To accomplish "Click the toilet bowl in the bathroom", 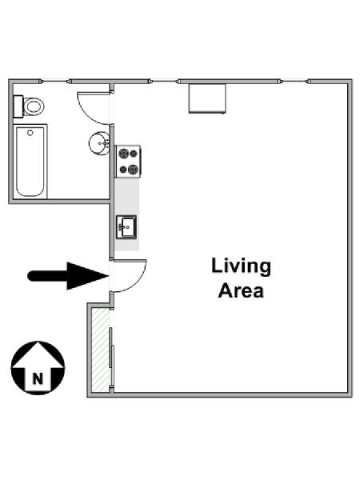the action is tap(34, 106).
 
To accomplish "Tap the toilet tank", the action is tap(18, 106).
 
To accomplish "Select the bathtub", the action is tap(30, 162).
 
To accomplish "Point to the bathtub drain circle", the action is tap(30, 133).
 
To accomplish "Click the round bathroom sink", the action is tap(99, 143).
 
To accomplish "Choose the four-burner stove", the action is tap(128, 162).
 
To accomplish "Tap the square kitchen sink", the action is tap(126, 227).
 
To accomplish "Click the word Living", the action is tap(242, 266).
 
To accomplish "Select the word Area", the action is tap(241, 290).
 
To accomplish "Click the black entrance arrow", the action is tap(68, 276).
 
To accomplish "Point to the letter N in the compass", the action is tap(38, 379).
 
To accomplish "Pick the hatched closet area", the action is tap(101, 350).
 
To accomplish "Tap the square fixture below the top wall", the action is tap(207, 98).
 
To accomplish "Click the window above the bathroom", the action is tap(55, 81).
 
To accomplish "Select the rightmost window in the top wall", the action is tap(294, 81).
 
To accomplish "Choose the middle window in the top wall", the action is tap(164, 81).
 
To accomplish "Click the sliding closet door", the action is tap(112, 358).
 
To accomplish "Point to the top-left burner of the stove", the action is tap(123, 153).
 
